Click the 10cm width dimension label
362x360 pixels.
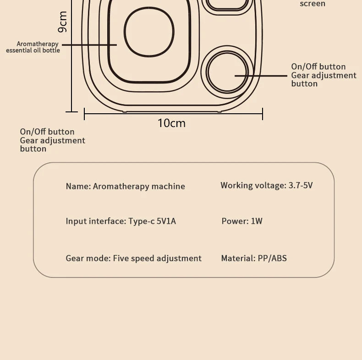(171, 123)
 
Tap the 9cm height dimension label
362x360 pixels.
(62, 22)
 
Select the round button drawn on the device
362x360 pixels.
(226, 72)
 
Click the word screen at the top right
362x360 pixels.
(313, 4)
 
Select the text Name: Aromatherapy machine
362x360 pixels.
(125, 186)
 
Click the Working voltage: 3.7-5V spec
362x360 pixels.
(266, 185)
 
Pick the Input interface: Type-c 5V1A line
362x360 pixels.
(121, 221)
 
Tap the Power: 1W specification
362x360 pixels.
(242, 221)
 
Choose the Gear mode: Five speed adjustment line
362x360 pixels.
(133, 258)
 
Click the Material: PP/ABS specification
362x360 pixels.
(253, 258)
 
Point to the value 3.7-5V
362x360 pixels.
(300, 185)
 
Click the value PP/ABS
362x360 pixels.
(272, 258)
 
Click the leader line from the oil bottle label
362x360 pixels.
(89, 44)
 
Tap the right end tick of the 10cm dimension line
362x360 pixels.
(263, 114)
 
